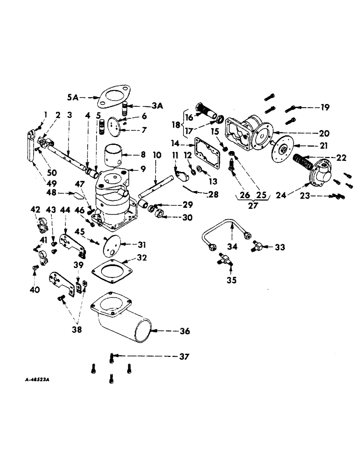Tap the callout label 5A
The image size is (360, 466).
73,98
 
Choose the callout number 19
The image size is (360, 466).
325,108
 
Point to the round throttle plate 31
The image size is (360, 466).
111,245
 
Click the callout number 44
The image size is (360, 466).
66,211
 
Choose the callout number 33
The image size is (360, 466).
280,247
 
